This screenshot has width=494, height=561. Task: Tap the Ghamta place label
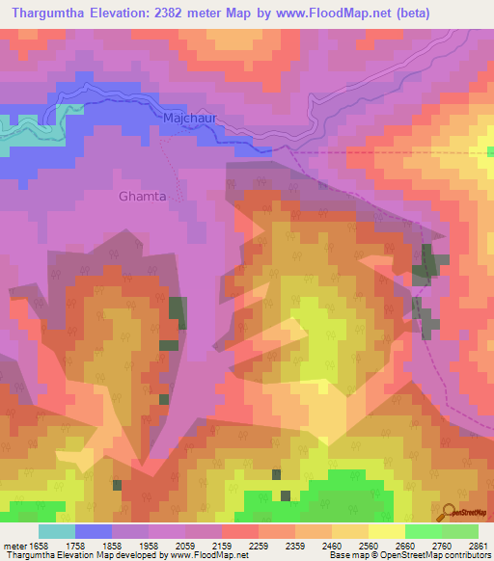(142, 197)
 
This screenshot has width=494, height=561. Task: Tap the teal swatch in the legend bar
(56, 531)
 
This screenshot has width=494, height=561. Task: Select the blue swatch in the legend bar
(93, 531)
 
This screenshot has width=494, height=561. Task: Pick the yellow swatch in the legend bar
(386, 531)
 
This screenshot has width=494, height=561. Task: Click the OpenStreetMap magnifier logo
(448, 513)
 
